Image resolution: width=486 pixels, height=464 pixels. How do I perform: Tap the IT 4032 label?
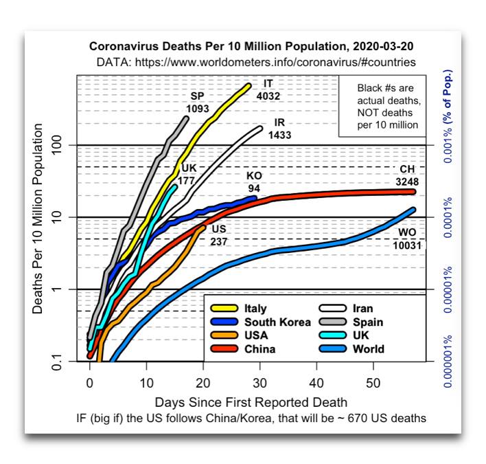(267, 89)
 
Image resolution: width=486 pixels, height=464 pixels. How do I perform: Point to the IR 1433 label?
(279, 129)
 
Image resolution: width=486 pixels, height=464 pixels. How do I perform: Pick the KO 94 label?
(255, 182)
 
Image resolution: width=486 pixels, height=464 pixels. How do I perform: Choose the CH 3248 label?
(407, 176)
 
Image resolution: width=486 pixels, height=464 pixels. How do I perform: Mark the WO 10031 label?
(407, 239)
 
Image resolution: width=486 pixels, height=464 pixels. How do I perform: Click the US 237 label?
(219, 235)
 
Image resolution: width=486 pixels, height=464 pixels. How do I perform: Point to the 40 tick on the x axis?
(316, 382)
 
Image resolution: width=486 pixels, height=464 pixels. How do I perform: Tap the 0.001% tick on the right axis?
(447, 145)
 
